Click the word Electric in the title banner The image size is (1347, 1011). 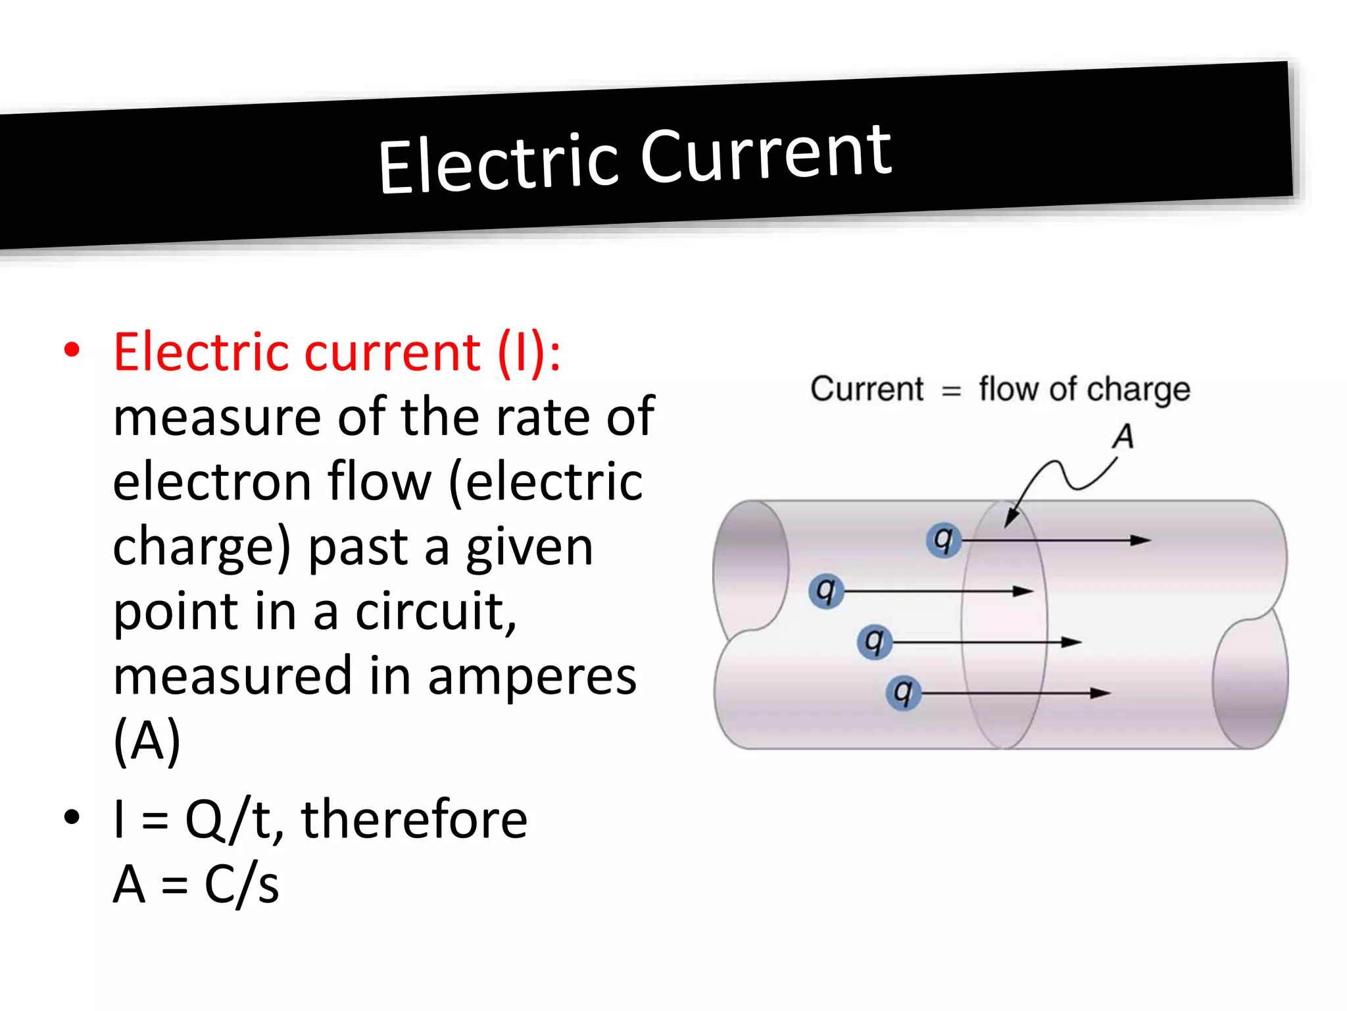498,162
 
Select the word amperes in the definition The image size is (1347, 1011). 531,677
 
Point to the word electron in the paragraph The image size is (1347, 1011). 212,482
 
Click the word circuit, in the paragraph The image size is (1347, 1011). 436,611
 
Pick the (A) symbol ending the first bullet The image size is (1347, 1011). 147,741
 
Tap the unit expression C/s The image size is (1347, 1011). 241,884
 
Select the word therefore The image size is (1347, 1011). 414,819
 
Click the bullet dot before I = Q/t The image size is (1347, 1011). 72,817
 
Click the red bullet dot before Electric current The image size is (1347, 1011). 72,350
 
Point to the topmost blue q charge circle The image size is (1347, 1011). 943,540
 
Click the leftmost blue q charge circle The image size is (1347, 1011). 825,591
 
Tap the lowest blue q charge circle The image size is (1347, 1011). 903,692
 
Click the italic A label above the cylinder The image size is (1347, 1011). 1123,436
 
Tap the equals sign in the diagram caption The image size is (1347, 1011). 951,391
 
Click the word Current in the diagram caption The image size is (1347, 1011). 866,388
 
